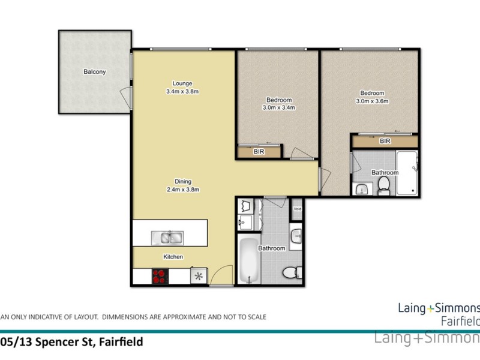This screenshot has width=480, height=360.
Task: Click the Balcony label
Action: pyautogui.click(x=94, y=72)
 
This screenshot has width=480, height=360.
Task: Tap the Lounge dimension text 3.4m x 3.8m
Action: pyautogui.click(x=181, y=92)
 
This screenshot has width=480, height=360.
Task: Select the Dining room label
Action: pyautogui.click(x=182, y=181)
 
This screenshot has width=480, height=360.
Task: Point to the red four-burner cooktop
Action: pyautogui.click(x=160, y=276)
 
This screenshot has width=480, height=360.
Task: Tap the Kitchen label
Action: pyautogui.click(x=173, y=257)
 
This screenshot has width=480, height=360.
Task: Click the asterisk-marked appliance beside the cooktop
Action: pyautogui.click(x=198, y=276)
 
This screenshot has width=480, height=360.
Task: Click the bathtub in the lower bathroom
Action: pyautogui.click(x=248, y=262)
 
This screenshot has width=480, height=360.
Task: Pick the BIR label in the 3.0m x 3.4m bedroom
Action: pyautogui.click(x=259, y=152)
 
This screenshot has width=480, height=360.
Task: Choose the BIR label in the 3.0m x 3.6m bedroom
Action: pyautogui.click(x=385, y=142)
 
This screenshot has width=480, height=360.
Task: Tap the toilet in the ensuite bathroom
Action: pyautogui.click(x=383, y=188)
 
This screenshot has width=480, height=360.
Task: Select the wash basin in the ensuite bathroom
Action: pyautogui.click(x=361, y=189)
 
